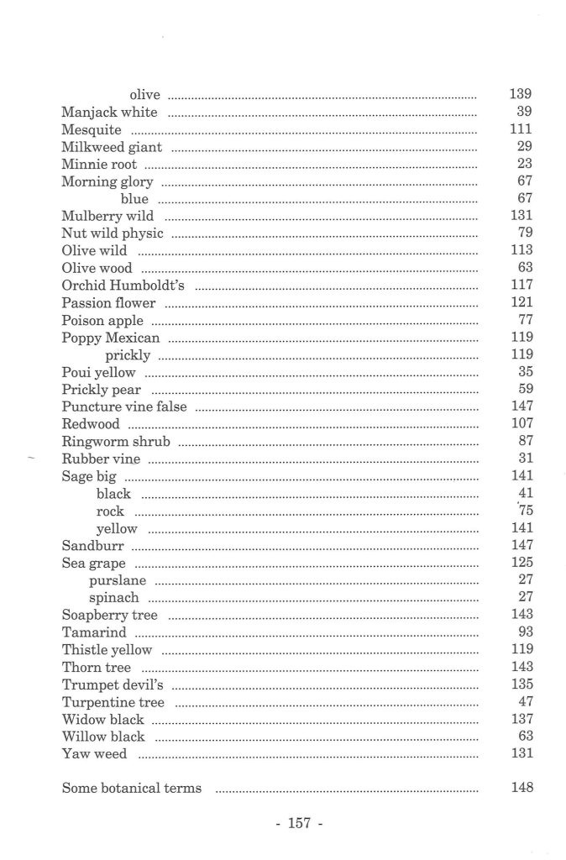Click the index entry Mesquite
click(x=92, y=130)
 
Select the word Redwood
click(x=91, y=423)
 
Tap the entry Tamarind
click(x=94, y=632)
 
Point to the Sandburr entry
click(x=92, y=545)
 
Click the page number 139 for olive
click(x=521, y=95)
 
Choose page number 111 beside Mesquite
click(x=521, y=130)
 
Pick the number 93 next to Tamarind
click(x=526, y=632)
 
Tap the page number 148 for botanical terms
click(x=521, y=788)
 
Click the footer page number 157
click(x=299, y=824)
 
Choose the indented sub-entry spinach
click(x=114, y=598)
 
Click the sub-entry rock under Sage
click(x=110, y=511)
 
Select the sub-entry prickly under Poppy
click(x=128, y=355)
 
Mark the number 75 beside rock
click(x=527, y=511)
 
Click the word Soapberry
click(x=93, y=615)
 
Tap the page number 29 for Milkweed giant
click(x=526, y=147)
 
